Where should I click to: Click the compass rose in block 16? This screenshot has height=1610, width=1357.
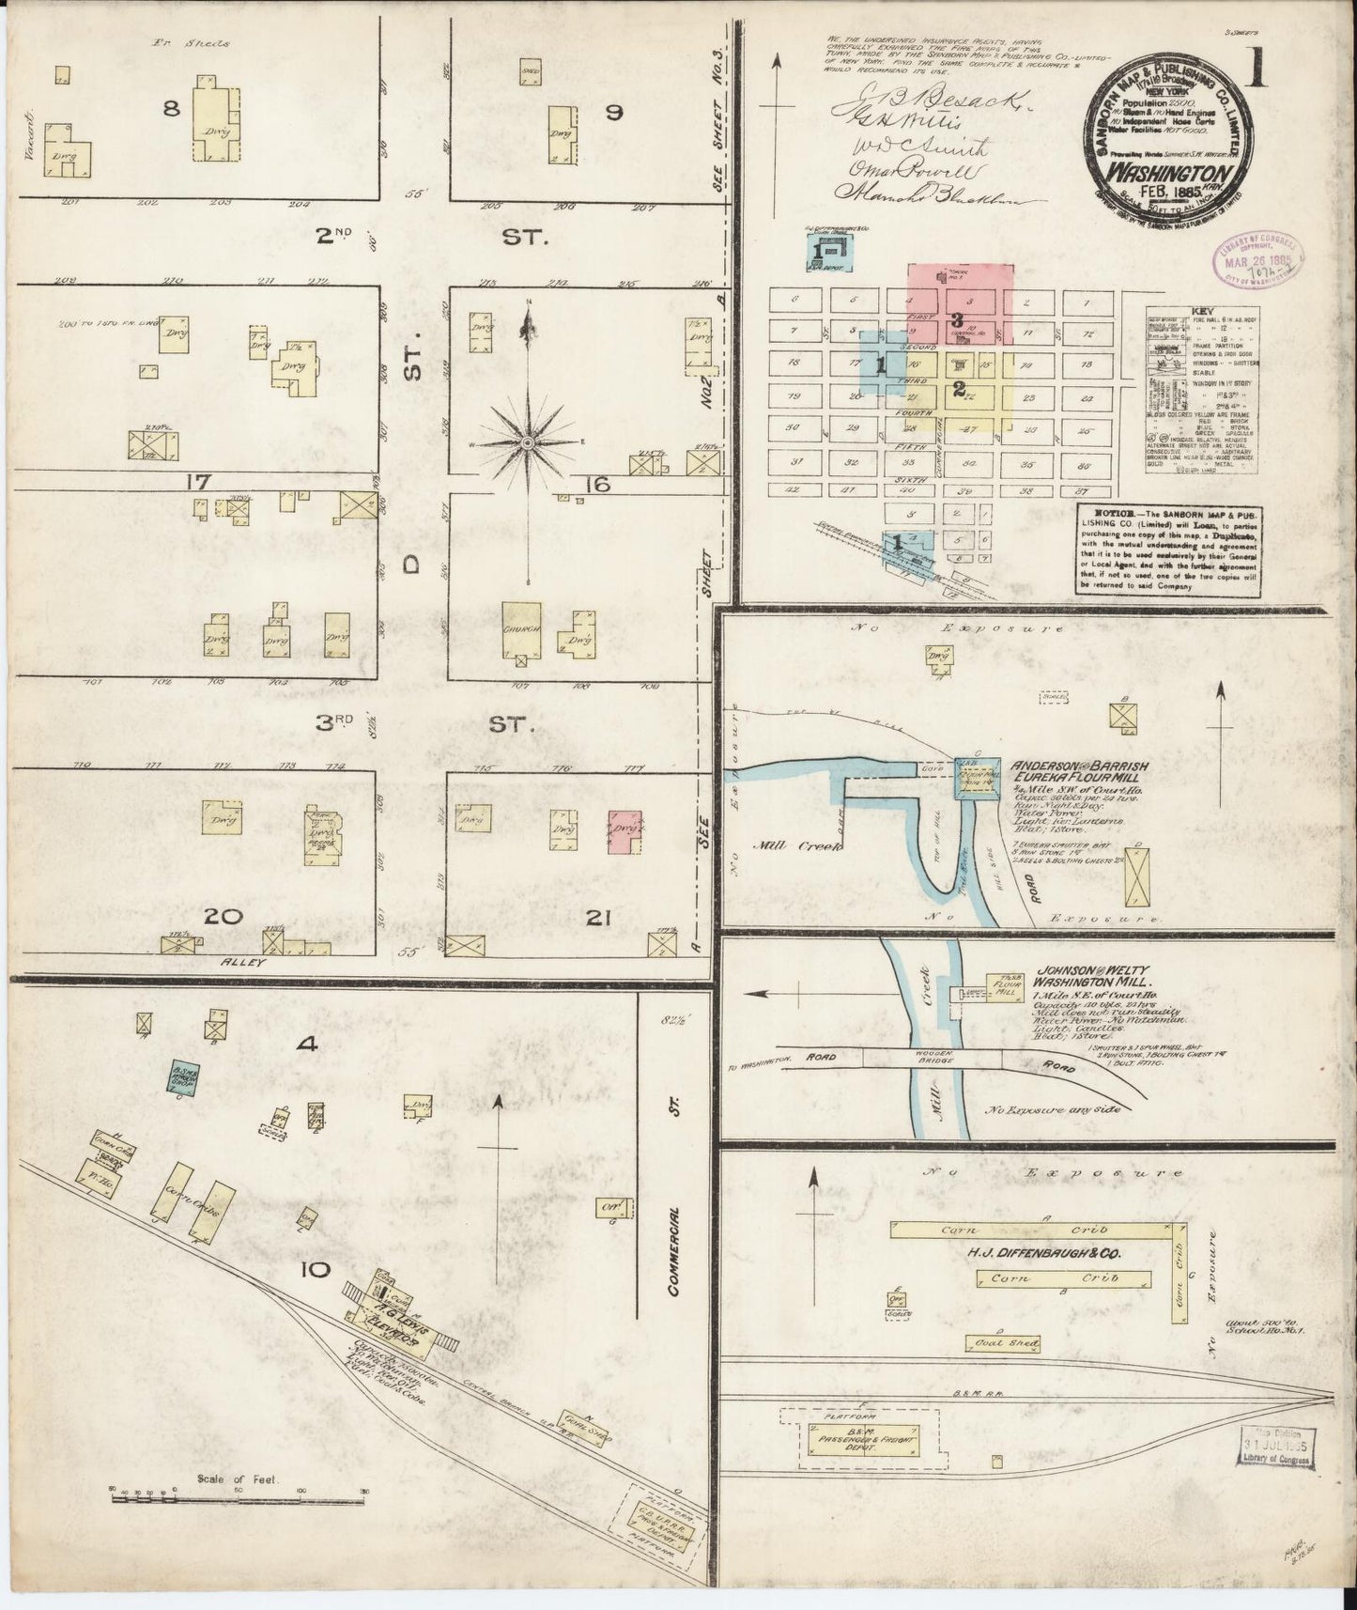coord(528,441)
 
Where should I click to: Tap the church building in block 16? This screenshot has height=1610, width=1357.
coord(521,630)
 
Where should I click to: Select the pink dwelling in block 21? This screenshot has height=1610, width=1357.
coord(625,830)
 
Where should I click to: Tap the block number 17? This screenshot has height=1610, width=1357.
coord(196,483)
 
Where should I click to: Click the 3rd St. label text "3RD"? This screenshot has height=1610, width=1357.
coord(332,723)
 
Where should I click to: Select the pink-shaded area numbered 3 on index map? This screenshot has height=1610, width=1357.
coord(960,302)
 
